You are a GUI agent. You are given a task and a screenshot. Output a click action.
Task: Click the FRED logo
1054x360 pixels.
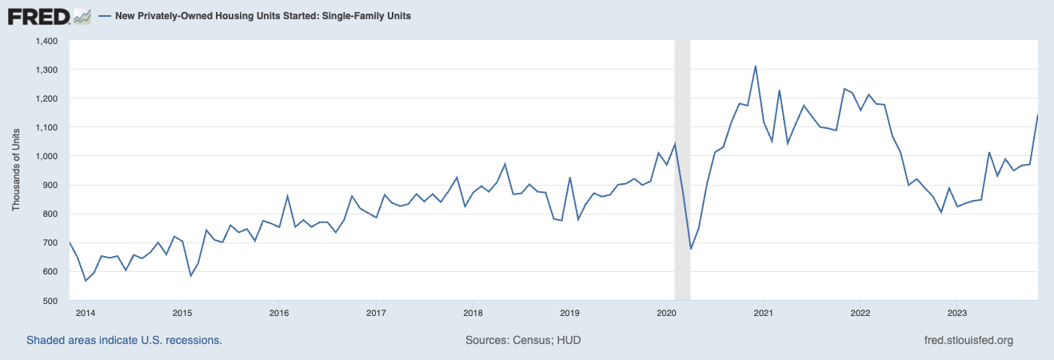pos(38,16)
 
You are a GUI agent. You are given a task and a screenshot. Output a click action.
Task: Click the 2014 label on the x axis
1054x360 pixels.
pos(86,312)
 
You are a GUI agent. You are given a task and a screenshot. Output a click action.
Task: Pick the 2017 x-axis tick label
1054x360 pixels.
pos(376,312)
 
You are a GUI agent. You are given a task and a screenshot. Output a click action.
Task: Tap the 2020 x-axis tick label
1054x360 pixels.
pos(667,312)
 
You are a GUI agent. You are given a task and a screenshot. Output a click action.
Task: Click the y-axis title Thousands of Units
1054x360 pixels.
pos(16,170)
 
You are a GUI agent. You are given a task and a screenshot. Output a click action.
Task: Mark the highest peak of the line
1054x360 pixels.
pos(755,66)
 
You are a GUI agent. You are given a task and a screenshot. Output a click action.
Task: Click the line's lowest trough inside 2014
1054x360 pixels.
pos(86,281)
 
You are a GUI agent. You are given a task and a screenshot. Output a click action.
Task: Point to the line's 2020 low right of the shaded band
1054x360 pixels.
pos(691,249)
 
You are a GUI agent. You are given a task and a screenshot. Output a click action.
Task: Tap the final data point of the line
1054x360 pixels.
pos(1038,115)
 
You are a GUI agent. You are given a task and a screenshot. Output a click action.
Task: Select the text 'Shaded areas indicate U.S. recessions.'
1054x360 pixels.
pos(124,340)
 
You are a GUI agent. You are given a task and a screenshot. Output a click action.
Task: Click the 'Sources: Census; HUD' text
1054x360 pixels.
pos(523,340)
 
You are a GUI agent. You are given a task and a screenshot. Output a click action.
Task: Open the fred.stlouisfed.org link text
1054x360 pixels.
pos(968,340)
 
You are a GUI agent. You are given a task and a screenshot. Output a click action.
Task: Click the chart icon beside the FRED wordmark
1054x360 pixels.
pos(82,16)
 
